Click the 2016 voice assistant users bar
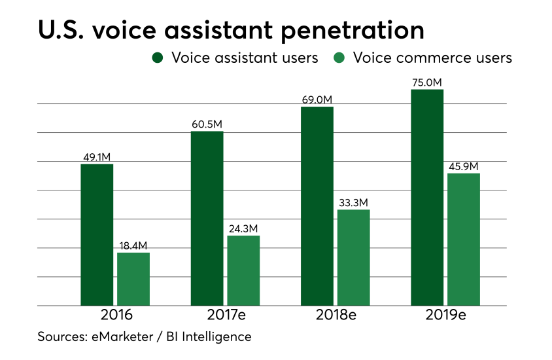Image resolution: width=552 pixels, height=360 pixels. click(x=97, y=234)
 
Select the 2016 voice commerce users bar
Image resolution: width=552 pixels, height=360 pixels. click(x=133, y=279)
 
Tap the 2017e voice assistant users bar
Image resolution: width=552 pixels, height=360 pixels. click(x=207, y=218)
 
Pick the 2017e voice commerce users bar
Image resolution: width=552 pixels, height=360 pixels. click(x=243, y=270)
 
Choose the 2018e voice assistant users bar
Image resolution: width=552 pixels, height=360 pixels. click(x=317, y=206)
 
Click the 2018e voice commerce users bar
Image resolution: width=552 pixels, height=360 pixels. click(x=354, y=257)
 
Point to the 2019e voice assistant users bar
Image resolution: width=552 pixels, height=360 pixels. click(x=427, y=197)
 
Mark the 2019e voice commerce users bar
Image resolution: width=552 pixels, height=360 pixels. click(x=464, y=239)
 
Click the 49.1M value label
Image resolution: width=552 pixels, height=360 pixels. click(x=97, y=157)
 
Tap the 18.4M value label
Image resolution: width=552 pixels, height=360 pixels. click(x=133, y=245)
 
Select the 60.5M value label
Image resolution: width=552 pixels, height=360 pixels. click(x=207, y=124)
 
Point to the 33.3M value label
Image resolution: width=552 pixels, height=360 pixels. click(x=354, y=202)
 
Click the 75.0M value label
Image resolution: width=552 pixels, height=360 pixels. click(x=427, y=82)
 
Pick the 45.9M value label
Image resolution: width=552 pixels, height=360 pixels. click(x=464, y=166)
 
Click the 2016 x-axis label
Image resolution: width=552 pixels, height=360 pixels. click(x=116, y=315)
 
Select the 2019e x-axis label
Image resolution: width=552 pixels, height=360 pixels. click(x=445, y=315)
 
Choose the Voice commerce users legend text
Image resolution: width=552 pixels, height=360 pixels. click(x=432, y=58)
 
